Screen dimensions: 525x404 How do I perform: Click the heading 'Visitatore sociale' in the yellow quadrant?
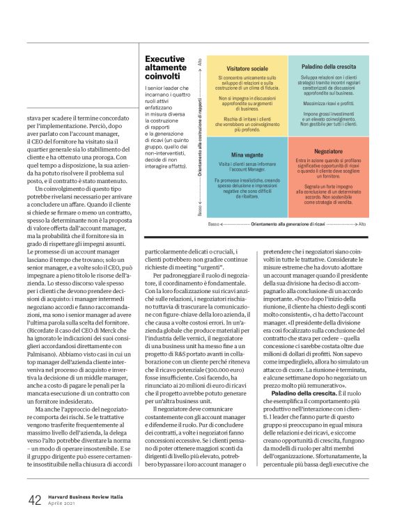247,69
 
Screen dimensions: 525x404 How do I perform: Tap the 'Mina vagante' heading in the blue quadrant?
247,155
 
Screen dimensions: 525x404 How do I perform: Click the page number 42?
35,501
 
